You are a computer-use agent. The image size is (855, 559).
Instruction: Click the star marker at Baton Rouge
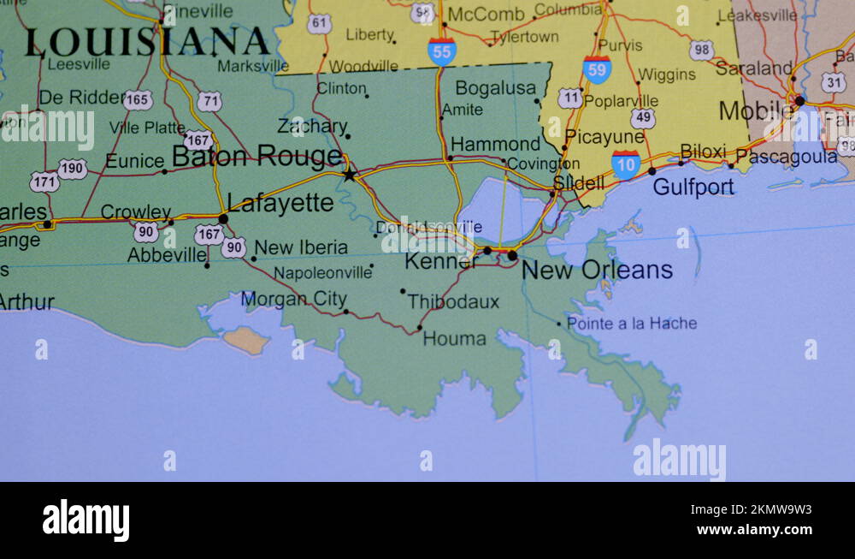[x=349, y=175]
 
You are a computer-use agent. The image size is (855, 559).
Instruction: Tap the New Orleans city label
[x=597, y=270]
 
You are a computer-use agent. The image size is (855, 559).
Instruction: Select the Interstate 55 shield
[x=442, y=51]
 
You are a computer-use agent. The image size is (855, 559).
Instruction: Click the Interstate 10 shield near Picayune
[x=626, y=164]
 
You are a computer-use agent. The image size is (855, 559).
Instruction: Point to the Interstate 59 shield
[x=597, y=69]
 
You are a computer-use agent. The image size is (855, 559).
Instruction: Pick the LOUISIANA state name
[x=147, y=42]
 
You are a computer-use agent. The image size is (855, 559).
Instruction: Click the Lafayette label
[x=280, y=203]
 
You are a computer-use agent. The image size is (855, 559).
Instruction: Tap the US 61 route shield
[x=319, y=24]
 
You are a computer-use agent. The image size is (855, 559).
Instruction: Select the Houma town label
[x=455, y=338]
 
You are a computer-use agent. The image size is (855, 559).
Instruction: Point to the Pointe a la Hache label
[x=632, y=324]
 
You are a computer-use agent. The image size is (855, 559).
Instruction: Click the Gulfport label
[x=693, y=186]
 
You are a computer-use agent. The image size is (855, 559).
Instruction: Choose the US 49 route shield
[x=643, y=118]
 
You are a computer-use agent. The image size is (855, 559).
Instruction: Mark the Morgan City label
[x=293, y=300]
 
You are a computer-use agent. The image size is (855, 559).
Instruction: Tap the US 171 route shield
[x=44, y=181]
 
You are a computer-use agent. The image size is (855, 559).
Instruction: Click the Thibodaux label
[x=453, y=301]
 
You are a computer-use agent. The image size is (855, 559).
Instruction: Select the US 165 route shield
[x=138, y=100]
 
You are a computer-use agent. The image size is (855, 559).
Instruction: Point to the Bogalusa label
[x=496, y=88]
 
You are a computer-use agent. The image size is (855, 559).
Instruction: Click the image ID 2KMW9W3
[x=766, y=510]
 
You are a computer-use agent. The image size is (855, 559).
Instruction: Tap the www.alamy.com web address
[x=753, y=530]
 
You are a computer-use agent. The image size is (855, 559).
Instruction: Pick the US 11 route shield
[x=570, y=98]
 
